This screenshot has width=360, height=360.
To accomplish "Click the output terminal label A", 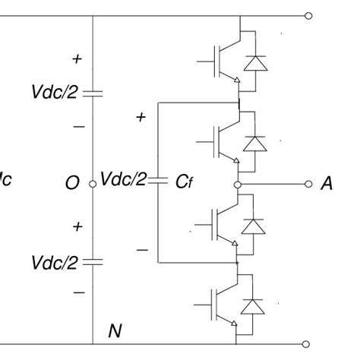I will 327,184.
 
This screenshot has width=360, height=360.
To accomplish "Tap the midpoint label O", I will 72,184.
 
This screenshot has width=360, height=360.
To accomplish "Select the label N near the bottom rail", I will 115,330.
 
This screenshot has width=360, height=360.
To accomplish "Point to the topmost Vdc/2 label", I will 54,93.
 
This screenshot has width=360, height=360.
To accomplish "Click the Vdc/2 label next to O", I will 124,181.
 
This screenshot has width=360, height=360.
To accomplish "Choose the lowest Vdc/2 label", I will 54,262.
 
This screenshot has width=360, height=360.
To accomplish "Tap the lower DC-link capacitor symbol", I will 92,262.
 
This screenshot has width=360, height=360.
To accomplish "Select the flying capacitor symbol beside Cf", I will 158,181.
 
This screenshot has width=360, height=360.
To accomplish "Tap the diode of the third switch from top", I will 252,226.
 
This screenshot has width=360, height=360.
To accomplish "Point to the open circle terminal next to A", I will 308,184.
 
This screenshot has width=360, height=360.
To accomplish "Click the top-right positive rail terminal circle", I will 308,14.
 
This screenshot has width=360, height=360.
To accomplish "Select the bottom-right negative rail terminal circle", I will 308,343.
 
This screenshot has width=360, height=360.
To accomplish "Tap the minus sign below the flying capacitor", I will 141,249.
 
